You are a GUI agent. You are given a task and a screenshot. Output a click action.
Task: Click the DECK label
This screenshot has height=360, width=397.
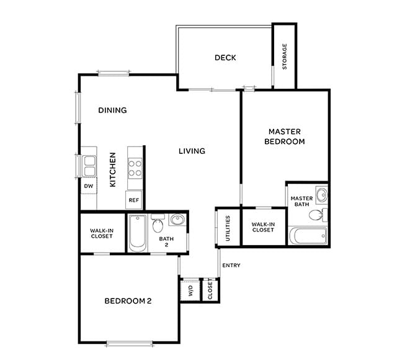pyautogui.click(x=225, y=58)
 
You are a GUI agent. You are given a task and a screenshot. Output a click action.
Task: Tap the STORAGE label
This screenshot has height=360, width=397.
pyautogui.click(x=285, y=56)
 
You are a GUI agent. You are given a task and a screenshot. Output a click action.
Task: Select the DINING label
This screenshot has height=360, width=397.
pyautogui.click(x=112, y=110)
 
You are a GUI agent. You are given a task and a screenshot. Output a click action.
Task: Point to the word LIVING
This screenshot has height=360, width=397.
pyautogui.click(x=192, y=151)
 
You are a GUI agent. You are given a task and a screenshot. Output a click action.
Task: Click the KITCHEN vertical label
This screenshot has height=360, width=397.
pyautogui.click(x=113, y=170)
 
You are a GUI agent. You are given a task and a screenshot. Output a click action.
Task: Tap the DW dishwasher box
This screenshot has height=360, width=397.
pyautogui.click(x=88, y=186)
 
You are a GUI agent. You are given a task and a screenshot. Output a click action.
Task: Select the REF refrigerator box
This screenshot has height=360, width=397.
pyautogui.click(x=134, y=200)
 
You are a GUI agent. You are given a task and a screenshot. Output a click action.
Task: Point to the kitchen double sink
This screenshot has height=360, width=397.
pyautogui.click(x=89, y=166)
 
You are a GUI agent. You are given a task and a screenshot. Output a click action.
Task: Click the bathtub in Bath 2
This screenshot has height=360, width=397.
pyautogui.click(x=137, y=233)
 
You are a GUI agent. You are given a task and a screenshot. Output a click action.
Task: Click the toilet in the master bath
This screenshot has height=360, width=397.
pyautogui.click(x=316, y=215)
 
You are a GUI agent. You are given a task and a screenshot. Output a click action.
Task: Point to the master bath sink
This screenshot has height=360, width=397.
pyautogui.click(x=321, y=196)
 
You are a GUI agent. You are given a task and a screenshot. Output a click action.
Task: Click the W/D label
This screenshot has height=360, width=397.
pyautogui.click(x=190, y=290)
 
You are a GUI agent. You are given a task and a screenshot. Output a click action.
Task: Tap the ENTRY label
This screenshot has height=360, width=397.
pyautogui.click(x=231, y=266)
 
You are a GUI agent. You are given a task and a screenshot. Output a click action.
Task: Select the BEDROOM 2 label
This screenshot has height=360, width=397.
pyautogui.click(x=128, y=302)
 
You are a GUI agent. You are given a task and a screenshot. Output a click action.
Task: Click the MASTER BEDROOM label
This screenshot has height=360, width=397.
pyautogui.click(x=285, y=137)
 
